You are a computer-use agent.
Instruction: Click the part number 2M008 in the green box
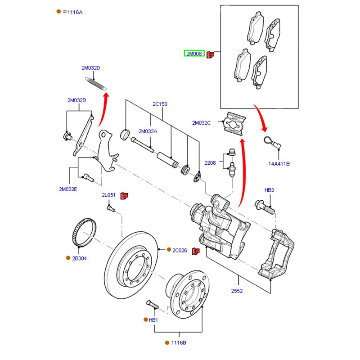[x=194, y=54]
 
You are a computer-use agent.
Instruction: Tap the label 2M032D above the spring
[x=90, y=68]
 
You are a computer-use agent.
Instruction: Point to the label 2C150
[x=160, y=104]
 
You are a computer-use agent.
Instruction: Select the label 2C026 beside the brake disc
[x=180, y=250]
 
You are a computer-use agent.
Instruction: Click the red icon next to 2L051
[x=125, y=196]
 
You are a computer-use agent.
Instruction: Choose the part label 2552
[x=237, y=291]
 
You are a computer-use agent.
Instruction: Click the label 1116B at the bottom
[x=178, y=342]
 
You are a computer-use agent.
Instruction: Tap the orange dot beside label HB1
[x=145, y=319]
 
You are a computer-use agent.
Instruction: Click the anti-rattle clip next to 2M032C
[x=234, y=123]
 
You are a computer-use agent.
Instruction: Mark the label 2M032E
[x=68, y=189]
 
